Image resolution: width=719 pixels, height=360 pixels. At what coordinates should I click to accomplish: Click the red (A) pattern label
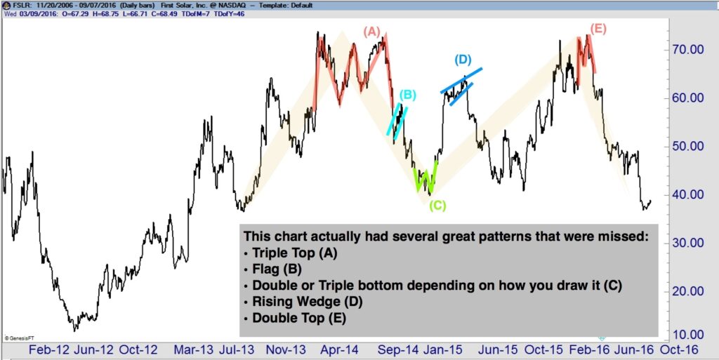371,32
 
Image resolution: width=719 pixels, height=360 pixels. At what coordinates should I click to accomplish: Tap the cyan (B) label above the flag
408,95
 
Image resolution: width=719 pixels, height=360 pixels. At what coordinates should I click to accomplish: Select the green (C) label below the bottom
437,205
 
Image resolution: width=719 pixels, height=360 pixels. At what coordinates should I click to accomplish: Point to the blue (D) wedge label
462,60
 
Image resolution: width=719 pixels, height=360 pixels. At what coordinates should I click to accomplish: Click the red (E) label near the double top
598,29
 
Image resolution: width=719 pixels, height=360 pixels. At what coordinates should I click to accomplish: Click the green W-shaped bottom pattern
426,180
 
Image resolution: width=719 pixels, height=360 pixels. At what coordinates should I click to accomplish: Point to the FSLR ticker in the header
15,4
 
